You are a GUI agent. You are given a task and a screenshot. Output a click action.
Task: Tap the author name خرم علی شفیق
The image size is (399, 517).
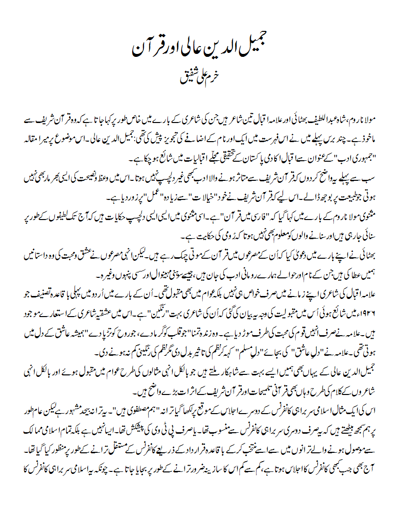pyautogui.click(x=200, y=78)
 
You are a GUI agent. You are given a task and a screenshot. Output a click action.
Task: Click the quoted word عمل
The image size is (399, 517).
pyautogui.click(x=133, y=199)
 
